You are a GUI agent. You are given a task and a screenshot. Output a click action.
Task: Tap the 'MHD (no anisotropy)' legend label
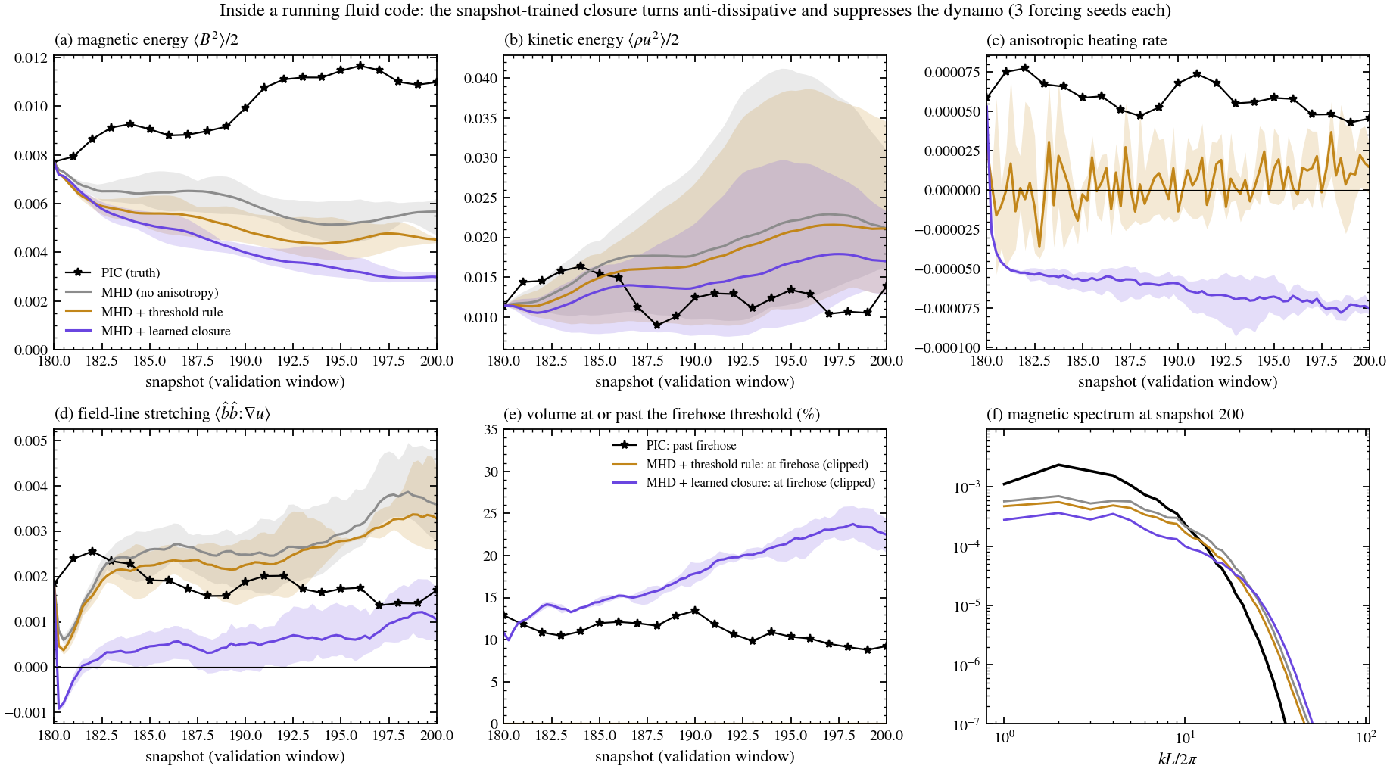pos(160,292)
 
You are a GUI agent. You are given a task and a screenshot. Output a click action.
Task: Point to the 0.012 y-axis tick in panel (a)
pos(30,58)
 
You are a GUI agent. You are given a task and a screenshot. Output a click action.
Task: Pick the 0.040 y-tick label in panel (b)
pos(481,79)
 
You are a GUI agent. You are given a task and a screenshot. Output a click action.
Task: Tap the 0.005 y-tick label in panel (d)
pos(31,441)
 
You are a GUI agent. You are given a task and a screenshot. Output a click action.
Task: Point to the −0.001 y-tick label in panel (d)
pos(26,712)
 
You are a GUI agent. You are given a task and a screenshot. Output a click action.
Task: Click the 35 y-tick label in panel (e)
pos(491,430)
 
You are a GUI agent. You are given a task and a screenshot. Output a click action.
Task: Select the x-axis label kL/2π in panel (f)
pos(1177,758)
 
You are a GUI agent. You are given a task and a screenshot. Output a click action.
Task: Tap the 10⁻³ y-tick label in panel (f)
pos(968,487)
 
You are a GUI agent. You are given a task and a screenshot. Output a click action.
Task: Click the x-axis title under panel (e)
pos(695,756)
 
